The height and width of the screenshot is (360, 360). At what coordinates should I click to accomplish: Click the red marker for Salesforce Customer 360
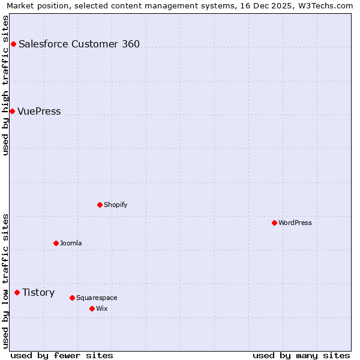(13, 44)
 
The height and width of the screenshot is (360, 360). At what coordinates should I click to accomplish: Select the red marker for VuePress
(12, 111)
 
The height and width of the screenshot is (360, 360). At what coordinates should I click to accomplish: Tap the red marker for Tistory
(17, 292)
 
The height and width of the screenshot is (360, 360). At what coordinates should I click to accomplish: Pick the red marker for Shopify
(100, 205)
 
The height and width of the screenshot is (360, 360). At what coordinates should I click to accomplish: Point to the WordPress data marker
(274, 223)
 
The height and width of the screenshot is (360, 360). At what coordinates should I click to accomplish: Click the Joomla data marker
(56, 243)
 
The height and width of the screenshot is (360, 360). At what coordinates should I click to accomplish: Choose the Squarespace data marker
(72, 298)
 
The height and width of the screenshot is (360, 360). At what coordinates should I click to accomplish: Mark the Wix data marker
(92, 308)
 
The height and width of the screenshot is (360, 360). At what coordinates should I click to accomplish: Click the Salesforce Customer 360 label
(79, 44)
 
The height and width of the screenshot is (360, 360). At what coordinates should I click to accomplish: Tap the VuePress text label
(39, 111)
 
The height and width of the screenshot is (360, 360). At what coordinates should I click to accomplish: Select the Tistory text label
(38, 292)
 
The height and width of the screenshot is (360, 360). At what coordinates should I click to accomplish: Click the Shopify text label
(116, 205)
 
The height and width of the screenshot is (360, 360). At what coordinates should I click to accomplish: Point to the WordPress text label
(295, 223)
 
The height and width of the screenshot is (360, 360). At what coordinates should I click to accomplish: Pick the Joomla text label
(71, 243)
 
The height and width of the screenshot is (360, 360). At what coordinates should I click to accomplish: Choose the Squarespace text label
(97, 298)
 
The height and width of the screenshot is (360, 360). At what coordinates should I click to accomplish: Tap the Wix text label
(101, 308)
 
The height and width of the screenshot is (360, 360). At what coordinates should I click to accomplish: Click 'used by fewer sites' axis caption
(62, 355)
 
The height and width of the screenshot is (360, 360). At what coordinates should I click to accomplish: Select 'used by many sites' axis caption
(301, 355)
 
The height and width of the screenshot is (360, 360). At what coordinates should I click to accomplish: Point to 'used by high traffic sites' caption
(6, 85)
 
